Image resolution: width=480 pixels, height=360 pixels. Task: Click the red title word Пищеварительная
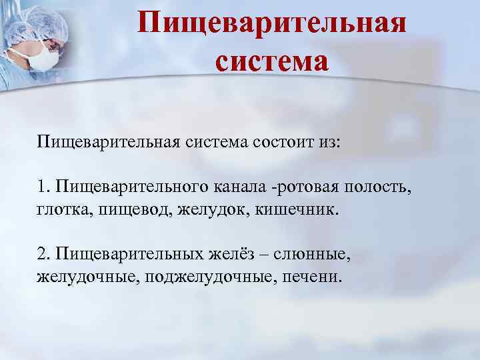273,24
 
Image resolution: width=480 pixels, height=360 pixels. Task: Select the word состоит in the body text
281,143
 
